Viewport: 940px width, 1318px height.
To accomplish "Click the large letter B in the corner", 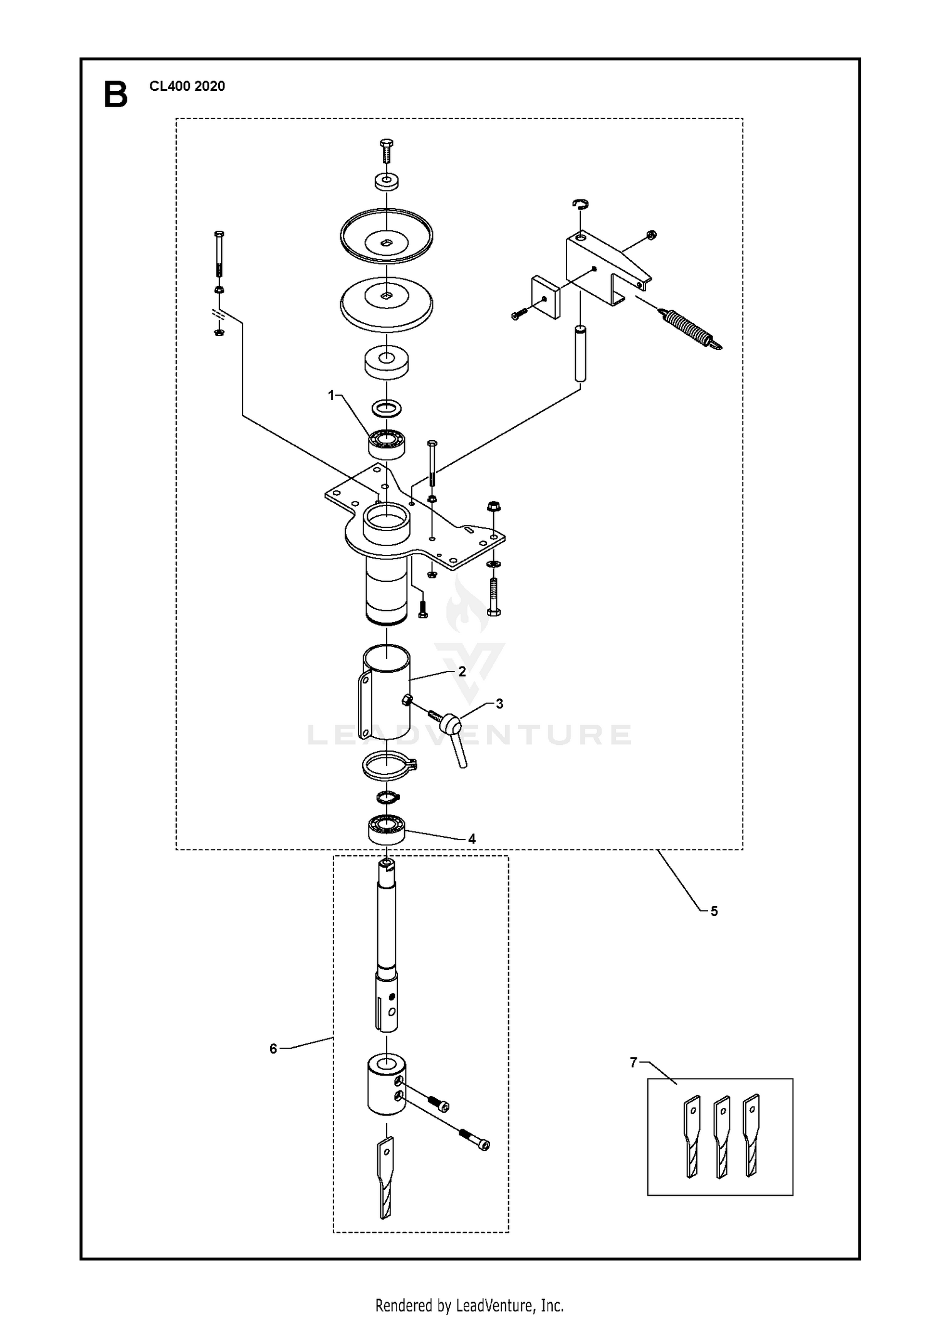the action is click(x=115, y=95).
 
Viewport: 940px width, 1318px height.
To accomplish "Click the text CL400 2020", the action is click(x=187, y=87).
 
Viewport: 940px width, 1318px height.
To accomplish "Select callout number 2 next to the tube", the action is click(x=462, y=672).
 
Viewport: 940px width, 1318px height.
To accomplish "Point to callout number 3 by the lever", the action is click(x=499, y=704).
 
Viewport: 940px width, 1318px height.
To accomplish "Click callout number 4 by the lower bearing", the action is click(x=472, y=839).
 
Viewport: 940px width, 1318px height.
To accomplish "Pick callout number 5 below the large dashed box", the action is click(x=714, y=911).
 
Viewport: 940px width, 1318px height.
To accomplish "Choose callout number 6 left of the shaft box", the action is click(x=273, y=1048).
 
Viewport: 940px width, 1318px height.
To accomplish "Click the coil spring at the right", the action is click(x=692, y=329).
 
